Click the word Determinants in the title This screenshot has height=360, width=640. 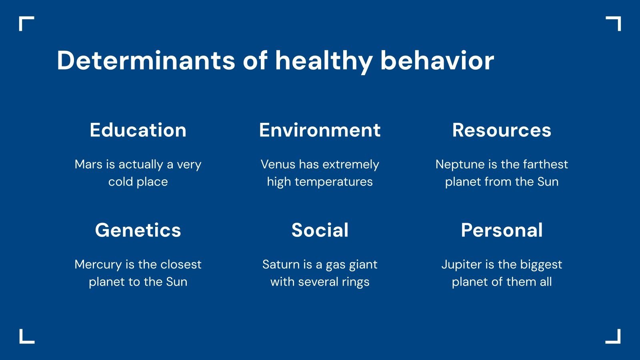(x=146, y=61)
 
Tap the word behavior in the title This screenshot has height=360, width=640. (x=437, y=61)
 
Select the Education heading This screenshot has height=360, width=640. (x=138, y=130)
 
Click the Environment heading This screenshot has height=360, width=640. (x=320, y=130)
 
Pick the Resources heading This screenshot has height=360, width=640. (x=502, y=130)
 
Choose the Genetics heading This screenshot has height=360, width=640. (x=138, y=230)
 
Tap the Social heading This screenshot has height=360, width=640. (x=320, y=230)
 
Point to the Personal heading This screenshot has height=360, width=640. (x=502, y=230)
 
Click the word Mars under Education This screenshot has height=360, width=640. (x=88, y=164)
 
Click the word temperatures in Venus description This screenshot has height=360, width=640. (x=334, y=182)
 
